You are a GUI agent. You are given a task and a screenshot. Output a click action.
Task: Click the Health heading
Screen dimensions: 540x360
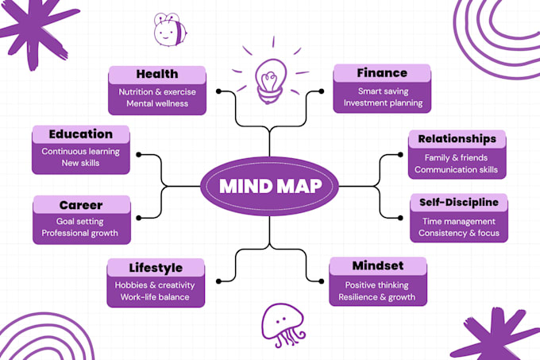157,74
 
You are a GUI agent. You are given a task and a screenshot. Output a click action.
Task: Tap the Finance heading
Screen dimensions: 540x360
382,73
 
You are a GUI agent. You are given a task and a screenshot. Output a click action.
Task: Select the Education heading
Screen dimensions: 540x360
80,134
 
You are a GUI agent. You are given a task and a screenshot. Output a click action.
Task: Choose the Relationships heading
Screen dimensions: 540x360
457,139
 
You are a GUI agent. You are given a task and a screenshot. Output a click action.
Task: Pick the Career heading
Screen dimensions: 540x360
81,205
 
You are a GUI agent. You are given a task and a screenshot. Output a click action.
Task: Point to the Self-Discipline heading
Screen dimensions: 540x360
459,202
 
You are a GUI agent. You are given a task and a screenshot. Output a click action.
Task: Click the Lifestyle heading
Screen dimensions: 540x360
156,268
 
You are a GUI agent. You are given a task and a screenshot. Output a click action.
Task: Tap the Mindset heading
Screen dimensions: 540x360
378,265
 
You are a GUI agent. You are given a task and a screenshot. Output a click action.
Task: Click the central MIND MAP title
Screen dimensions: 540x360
270,187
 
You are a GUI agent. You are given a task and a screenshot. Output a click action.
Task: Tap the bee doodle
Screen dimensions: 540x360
170,30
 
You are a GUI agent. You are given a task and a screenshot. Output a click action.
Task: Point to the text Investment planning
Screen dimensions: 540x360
383,103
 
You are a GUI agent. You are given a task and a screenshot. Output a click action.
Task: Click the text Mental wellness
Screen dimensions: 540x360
157,103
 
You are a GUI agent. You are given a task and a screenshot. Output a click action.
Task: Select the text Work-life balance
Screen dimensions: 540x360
155,297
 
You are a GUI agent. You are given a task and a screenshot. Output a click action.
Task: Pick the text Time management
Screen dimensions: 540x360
459,222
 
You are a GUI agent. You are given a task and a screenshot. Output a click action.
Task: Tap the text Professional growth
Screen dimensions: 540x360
80,233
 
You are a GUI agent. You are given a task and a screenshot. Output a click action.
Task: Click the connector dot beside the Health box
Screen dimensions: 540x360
218,91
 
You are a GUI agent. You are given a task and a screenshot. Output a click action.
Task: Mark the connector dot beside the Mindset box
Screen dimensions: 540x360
322,281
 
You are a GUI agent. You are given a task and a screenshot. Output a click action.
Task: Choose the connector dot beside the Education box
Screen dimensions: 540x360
138,155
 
